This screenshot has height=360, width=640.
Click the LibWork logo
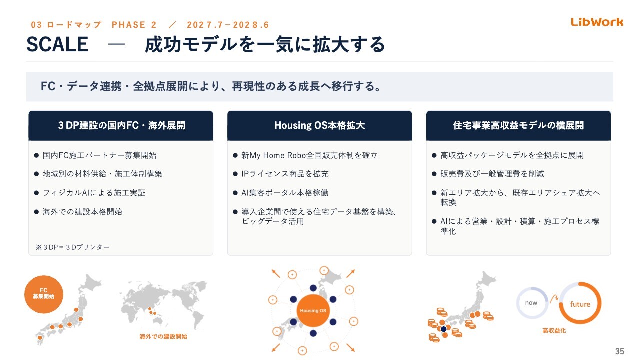coord(597,22)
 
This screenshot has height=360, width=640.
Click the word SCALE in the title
coord(57,44)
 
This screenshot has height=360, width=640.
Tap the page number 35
coord(619,351)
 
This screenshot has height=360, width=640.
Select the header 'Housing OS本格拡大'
coord(319,125)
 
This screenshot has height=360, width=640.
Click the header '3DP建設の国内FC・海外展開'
coord(121,125)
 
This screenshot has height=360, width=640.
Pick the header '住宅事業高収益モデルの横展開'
coord(518,125)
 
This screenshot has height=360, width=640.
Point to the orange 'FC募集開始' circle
coord(43,294)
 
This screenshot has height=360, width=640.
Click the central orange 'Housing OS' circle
coord(313,310)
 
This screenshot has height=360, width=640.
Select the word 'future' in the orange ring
coord(580,304)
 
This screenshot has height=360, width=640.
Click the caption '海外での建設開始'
coord(163,337)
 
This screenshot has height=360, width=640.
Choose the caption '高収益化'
coord(554,331)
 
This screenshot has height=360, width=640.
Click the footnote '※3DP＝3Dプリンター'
coord(72,247)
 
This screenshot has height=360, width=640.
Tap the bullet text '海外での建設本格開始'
coord(82,212)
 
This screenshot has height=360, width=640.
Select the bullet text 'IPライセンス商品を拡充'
coord(285,174)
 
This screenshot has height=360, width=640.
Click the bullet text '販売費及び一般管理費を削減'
coord(492,174)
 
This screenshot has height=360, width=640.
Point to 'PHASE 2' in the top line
coord(134,25)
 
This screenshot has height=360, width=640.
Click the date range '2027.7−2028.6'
coord(228,25)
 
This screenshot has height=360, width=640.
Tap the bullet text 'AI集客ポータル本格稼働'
coord(285,193)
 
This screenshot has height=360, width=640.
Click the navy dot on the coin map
coord(443,329)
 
